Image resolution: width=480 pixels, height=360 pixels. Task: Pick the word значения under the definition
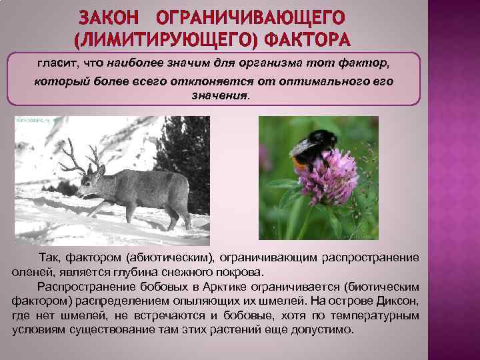click(x=215, y=95)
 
